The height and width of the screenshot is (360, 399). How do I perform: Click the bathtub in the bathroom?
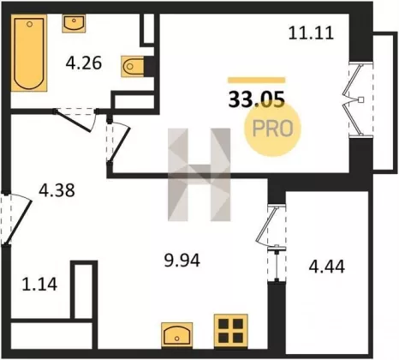(29, 53)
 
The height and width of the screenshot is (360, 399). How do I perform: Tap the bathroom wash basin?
(74, 23)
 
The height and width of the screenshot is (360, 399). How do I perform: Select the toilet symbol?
(133, 66)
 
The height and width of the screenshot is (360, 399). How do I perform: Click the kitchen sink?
(176, 335)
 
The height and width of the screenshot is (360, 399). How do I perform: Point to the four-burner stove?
(231, 331)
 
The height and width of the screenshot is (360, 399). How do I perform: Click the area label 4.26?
(84, 63)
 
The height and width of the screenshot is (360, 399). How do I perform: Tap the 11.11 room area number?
(311, 33)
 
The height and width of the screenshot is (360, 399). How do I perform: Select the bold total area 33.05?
(257, 99)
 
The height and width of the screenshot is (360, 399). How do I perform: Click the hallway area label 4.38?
(57, 190)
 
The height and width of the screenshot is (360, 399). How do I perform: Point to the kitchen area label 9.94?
(182, 261)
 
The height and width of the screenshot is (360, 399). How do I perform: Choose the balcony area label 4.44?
(327, 267)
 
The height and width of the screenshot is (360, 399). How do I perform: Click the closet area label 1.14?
(39, 285)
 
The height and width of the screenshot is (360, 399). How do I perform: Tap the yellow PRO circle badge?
(272, 129)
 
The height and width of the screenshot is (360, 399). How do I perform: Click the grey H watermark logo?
(199, 175)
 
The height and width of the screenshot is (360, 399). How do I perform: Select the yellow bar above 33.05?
(256, 80)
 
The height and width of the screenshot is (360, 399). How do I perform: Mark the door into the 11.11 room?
(118, 142)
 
